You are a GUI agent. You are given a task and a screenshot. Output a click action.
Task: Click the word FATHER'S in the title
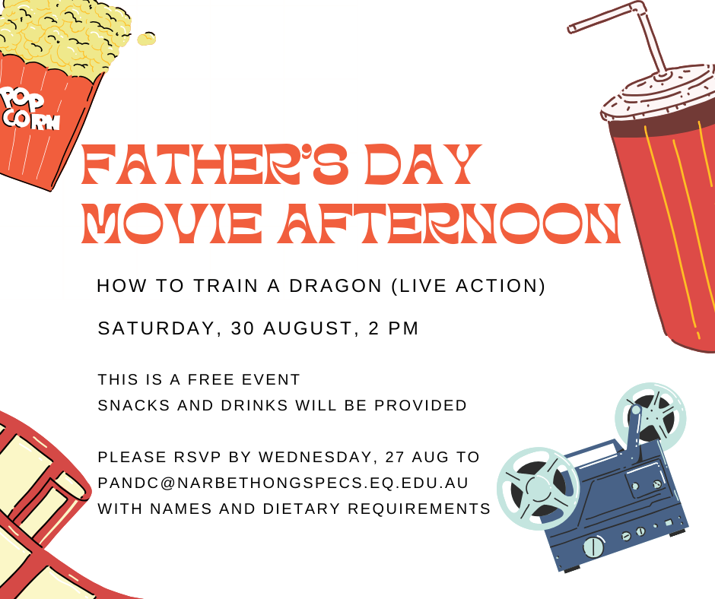[x=214, y=164]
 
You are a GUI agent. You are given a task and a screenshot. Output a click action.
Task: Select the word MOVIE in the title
[x=172, y=223]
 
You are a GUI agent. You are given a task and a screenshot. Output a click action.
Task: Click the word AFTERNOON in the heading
[x=450, y=223]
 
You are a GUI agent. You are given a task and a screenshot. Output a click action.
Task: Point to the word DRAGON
[x=335, y=286]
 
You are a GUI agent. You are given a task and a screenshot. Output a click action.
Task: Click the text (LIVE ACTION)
[x=469, y=286]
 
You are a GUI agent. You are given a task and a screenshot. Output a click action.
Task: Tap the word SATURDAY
[x=157, y=328]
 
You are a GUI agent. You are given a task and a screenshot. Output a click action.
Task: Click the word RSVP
[x=198, y=457]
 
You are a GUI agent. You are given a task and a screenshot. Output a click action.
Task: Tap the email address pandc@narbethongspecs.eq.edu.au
[x=283, y=483]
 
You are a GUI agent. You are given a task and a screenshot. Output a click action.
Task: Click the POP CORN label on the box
[x=30, y=109]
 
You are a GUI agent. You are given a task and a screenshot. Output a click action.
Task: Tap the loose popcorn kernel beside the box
[x=146, y=39]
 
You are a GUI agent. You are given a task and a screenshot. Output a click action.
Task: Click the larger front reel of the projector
[x=538, y=489]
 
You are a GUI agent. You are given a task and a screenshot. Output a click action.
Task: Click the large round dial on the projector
[x=594, y=547]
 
